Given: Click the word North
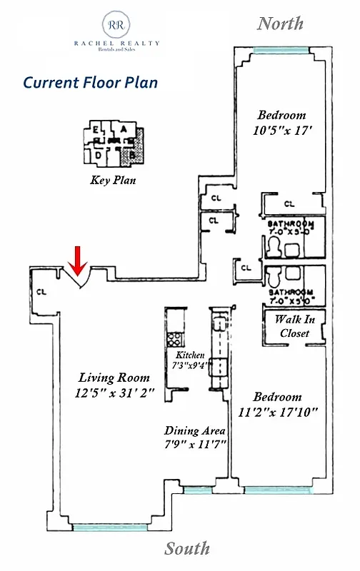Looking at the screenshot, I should [280, 23].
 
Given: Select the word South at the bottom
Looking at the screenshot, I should [187, 548].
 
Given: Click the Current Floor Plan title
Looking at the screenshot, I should [90, 82].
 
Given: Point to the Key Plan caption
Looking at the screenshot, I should [113, 181].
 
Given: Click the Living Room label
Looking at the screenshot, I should [114, 378].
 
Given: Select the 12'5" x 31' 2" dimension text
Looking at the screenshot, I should [114, 392].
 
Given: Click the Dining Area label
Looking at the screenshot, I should [195, 430].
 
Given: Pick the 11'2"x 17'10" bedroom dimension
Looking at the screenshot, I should [277, 412].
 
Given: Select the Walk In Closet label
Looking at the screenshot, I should [294, 326].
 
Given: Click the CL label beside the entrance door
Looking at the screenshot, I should [41, 291].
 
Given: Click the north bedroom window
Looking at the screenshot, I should [281, 49].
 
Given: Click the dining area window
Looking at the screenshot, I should [194, 490].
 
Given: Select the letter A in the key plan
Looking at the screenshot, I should [124, 129].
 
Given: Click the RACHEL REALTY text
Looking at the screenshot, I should [117, 44].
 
